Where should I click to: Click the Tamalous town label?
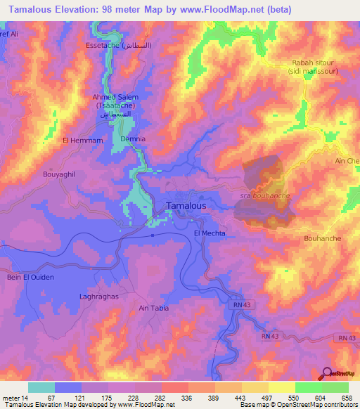click(186, 206)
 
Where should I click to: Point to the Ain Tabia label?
click(155, 308)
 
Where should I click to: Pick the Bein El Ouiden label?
click(30, 277)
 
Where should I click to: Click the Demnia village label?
click(133, 139)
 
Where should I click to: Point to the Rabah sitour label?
click(313, 63)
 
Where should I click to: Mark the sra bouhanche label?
click(264, 195)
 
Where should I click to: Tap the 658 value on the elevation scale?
click(347, 397)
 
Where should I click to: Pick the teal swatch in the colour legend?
click(41, 387)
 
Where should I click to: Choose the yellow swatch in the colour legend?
click(281, 387)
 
